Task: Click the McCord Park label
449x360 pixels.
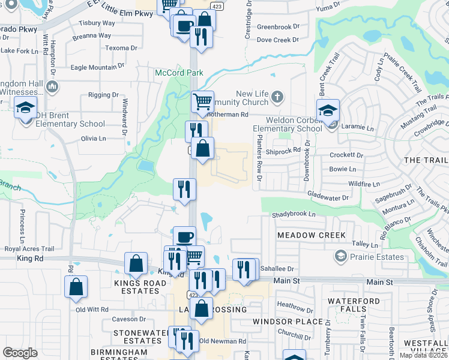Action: [x=179, y=73]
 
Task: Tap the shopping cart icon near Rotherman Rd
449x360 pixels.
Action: [x=203, y=101]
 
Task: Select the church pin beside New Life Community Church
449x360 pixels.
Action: [x=277, y=95]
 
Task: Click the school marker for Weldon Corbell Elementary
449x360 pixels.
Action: [x=328, y=110]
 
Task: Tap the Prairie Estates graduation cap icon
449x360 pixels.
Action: [x=341, y=257]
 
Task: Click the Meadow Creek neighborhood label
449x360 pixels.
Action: [x=311, y=235]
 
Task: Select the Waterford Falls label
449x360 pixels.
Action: [x=354, y=305]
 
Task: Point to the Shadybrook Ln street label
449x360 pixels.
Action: [x=294, y=214]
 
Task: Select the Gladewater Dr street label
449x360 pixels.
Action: [x=328, y=197]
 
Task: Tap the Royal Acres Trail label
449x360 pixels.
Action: [x=29, y=248]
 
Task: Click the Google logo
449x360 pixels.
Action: [x=20, y=353]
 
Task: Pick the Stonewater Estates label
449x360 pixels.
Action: [x=139, y=336]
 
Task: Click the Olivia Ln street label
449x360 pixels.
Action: [x=93, y=138]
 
